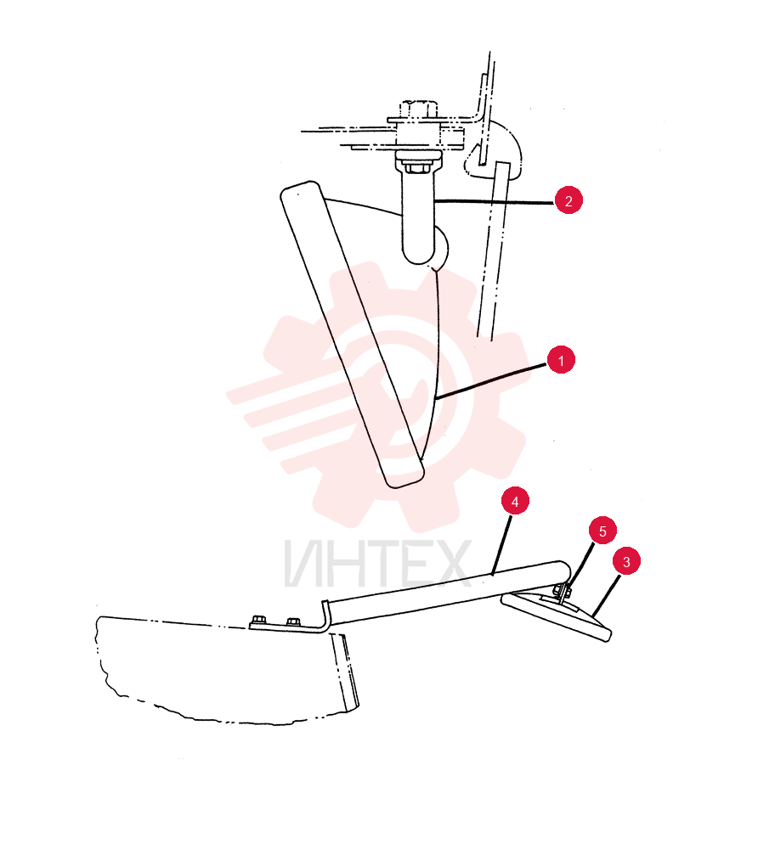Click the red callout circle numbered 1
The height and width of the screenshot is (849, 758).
tap(561, 360)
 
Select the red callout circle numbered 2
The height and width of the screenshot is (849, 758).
tap(568, 201)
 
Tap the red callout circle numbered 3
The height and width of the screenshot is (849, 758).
tap(627, 561)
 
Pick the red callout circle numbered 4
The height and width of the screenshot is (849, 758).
tap(515, 502)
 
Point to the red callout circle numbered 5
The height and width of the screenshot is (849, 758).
tap(603, 531)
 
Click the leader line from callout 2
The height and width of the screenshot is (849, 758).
tap(494, 202)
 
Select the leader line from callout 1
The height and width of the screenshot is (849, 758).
tap(491, 382)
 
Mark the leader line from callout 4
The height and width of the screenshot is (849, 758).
tap(501, 544)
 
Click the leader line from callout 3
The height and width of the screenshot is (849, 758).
tap(606, 595)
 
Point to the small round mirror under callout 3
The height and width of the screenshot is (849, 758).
tap(557, 616)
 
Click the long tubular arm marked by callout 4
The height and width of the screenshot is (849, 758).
tap(447, 594)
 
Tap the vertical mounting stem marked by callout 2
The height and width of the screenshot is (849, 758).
tap(418, 214)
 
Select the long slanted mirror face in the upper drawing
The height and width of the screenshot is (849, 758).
tap(352, 334)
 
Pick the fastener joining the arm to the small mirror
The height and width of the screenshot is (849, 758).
tap(563, 592)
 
